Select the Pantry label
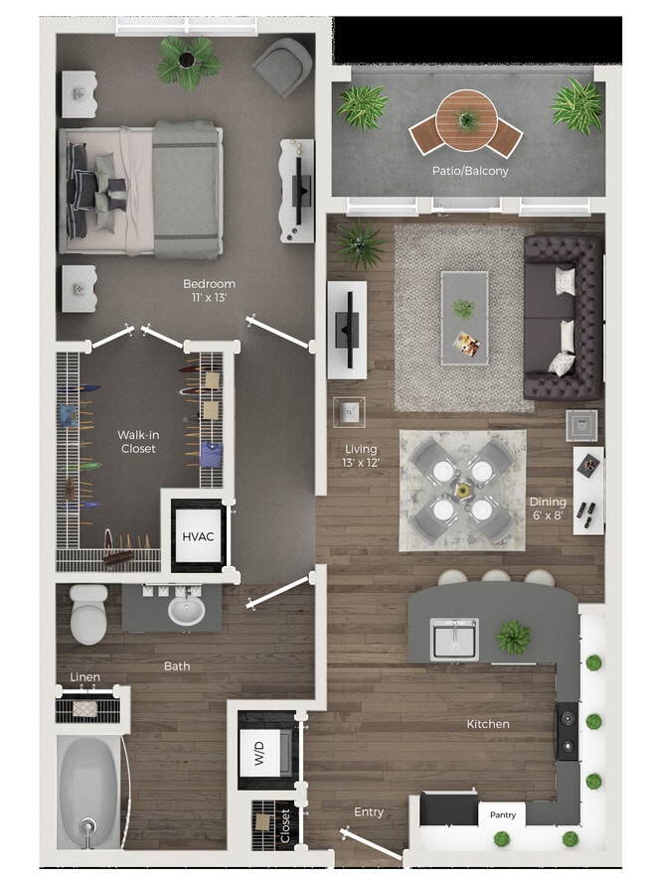pyautogui.click(x=502, y=814)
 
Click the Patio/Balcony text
pyautogui.click(x=469, y=171)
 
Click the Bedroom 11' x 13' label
pyautogui.click(x=209, y=290)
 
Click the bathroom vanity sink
pyautogui.click(x=186, y=609)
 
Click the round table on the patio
pyautogui.click(x=466, y=116)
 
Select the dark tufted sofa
pyautogui.click(x=563, y=317)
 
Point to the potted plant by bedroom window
pyautogui.click(x=189, y=62)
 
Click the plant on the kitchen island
pyautogui.click(x=514, y=636)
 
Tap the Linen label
pyautogui.click(x=85, y=677)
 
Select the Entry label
pyautogui.click(x=369, y=811)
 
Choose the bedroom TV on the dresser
pyautogui.click(x=297, y=190)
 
